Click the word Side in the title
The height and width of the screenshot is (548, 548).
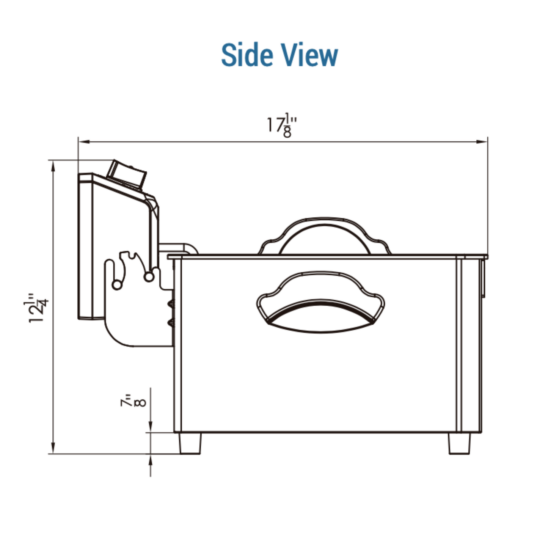[x=247, y=55]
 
